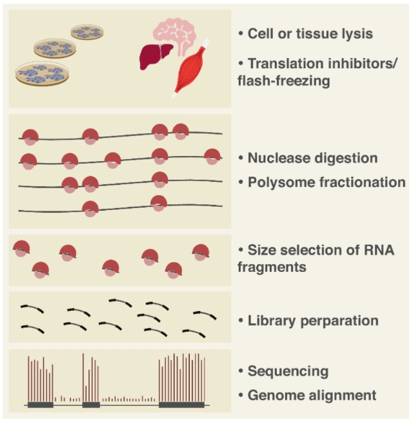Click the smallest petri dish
tap(86, 32)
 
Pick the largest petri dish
tap(43, 72)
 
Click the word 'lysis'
tap(355, 34)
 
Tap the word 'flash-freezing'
tap(281, 81)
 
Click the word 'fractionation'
tap(360, 182)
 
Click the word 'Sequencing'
tap(288, 371)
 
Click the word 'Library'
tap(271, 320)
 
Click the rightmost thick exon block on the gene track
tap(181, 405)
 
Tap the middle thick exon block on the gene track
tap(90, 405)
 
